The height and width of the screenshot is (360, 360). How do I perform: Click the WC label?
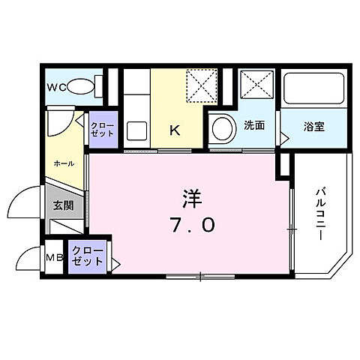pos(57,88)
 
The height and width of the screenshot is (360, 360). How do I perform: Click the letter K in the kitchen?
pos(174,129)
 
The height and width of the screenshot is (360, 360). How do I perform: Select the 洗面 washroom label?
pos(254,126)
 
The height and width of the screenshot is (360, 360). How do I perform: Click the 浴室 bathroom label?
pos(313,126)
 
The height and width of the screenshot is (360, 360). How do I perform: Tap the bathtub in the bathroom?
pos(313,90)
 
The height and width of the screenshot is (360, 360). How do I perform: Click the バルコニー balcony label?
pos(319,213)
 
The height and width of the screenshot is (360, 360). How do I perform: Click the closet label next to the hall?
pos(102,129)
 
